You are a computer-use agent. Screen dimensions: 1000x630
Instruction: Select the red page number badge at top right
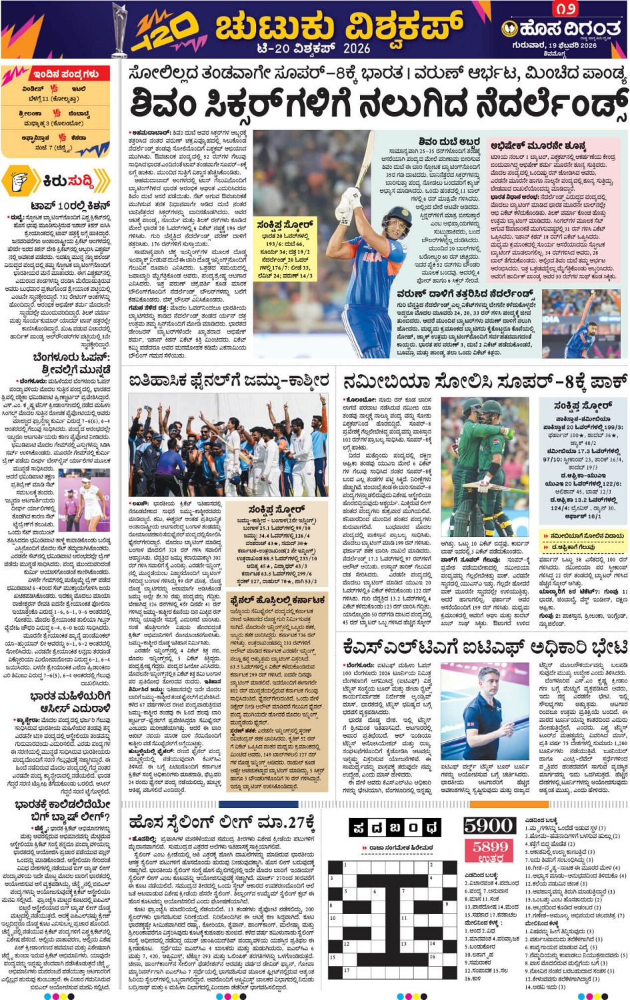click(x=565, y=9)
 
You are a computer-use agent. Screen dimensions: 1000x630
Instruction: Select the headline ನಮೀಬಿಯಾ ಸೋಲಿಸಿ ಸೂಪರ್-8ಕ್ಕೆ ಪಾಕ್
click(x=485, y=382)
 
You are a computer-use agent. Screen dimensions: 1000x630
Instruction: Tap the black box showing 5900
click(x=488, y=825)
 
